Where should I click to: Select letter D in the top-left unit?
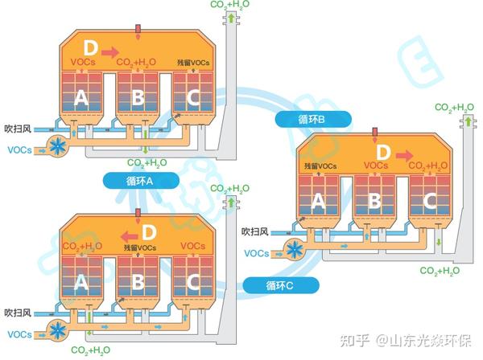click(90, 47)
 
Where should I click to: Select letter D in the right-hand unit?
click(383, 151)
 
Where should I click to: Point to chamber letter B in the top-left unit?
click(138, 98)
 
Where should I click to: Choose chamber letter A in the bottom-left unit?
click(80, 281)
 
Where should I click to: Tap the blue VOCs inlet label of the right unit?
click(256, 253)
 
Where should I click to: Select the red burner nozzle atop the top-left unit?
click(138, 31)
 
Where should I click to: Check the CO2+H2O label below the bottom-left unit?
click(90, 350)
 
